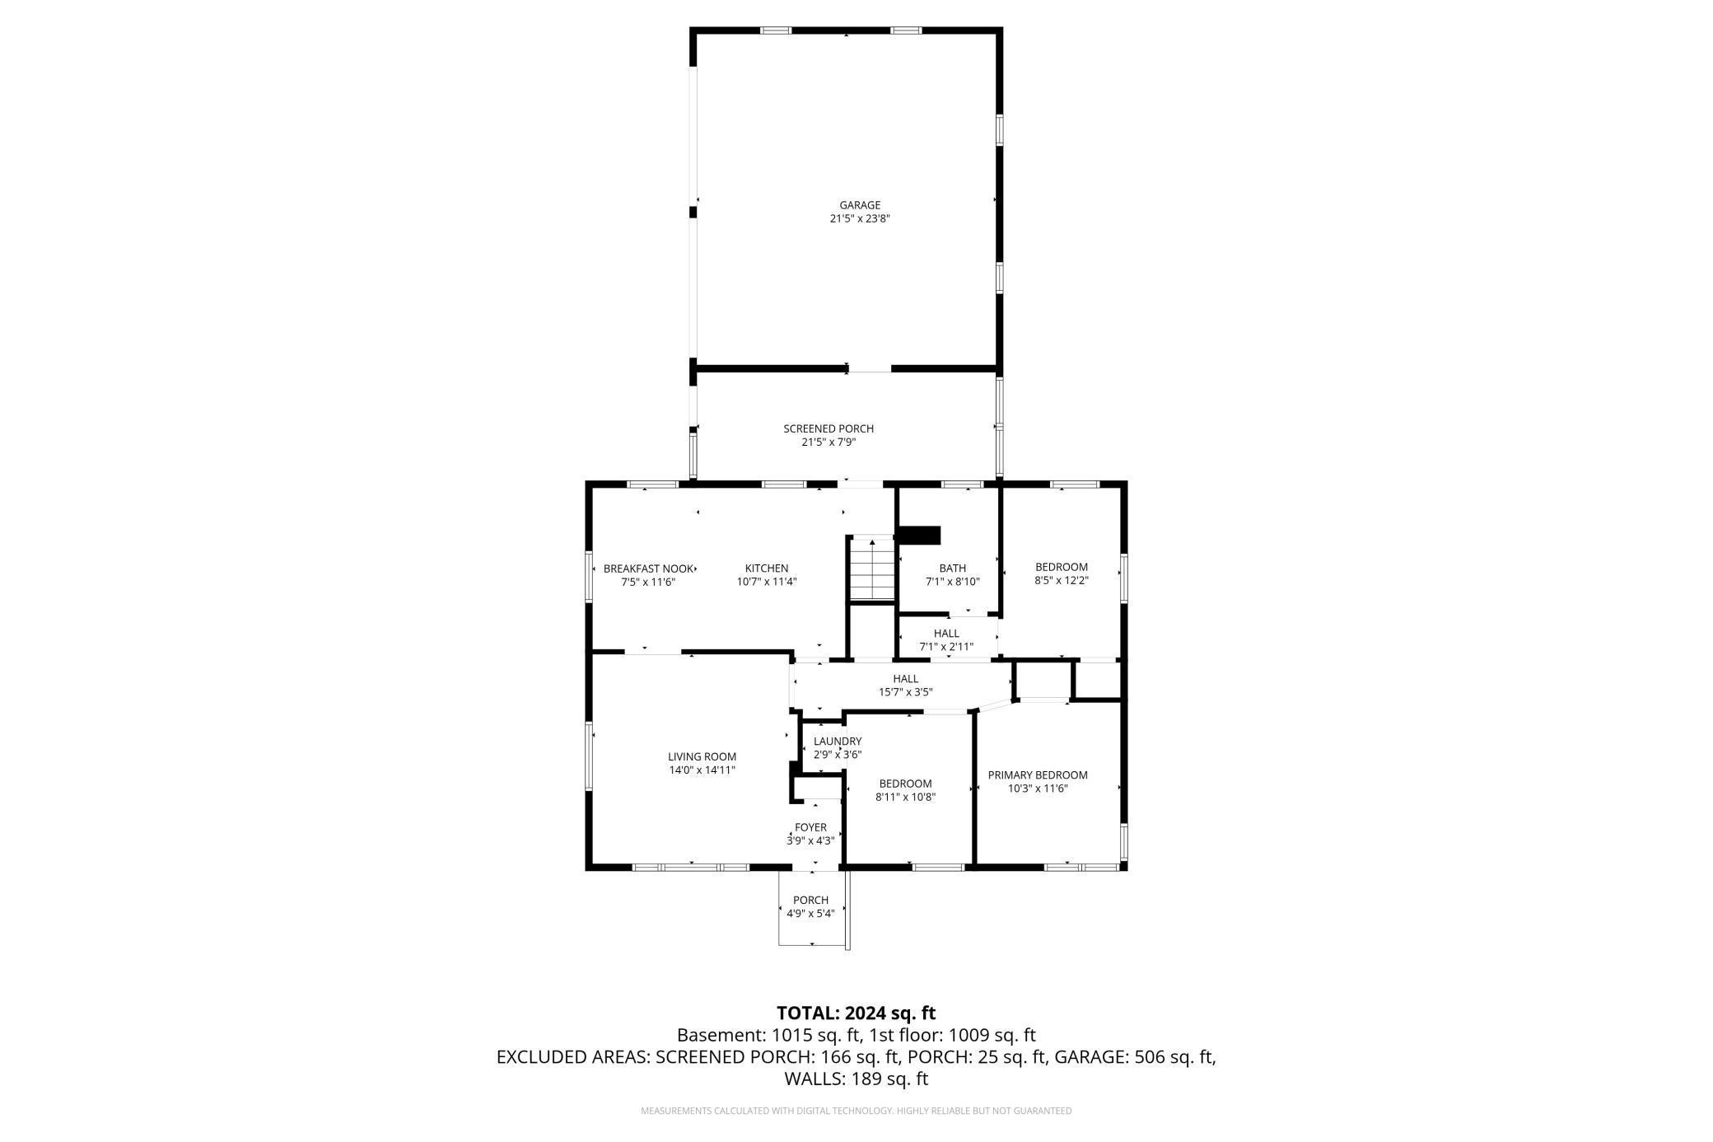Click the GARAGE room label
pos(860,205)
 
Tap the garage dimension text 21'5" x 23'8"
pos(860,219)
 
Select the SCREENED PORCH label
pos(828,428)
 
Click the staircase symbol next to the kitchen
pos(872,569)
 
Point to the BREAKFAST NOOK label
pos(648,569)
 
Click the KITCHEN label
pos(767,569)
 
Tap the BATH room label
pos(952,568)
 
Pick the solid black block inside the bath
pos(919,536)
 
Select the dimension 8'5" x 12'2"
pos(1062,581)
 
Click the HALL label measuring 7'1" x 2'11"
pos(946,634)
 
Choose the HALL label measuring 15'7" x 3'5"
pos(905,679)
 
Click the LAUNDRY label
pos(838,742)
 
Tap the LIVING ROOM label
pos(702,756)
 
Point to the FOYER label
pos(810,827)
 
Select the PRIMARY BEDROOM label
pos(1038,775)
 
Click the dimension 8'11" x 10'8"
pos(905,797)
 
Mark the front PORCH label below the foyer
pos(810,900)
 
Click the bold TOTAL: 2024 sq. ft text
pos(856,1013)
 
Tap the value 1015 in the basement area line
pos(791,1035)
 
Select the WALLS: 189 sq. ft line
pos(856,1079)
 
